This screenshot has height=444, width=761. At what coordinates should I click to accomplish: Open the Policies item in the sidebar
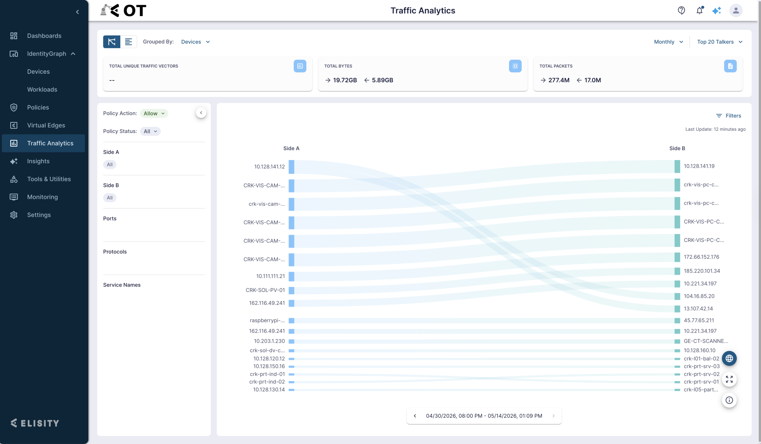pos(38,107)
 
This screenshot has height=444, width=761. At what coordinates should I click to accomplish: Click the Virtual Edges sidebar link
pos(46,125)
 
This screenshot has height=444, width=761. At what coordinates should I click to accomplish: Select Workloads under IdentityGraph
pos(42,90)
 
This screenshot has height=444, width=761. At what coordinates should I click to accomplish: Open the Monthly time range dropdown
pos(669,42)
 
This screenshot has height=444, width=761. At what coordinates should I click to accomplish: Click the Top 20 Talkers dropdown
pos(720,42)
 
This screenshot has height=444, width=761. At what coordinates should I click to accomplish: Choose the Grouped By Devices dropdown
pos(196,42)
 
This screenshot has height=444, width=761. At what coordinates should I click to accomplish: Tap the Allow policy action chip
pos(154,114)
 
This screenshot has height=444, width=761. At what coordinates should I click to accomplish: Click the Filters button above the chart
pos(729,116)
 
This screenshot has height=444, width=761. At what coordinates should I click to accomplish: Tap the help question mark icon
pos(681,11)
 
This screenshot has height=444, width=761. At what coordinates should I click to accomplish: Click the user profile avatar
pos(736,11)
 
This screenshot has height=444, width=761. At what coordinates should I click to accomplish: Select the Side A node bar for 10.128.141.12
pos(291,167)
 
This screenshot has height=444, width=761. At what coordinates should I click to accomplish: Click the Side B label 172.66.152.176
pos(701,257)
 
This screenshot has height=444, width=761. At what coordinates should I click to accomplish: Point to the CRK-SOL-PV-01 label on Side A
pos(265,290)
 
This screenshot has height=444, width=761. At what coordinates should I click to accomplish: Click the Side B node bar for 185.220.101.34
pos(677,271)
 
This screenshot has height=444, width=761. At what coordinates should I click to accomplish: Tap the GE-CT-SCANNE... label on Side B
pos(706,341)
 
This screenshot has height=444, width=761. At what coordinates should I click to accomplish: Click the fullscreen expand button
pos(729,379)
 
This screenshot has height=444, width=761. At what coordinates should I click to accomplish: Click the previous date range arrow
pos(415,416)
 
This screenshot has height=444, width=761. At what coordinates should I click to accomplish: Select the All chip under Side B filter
pos(110,198)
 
